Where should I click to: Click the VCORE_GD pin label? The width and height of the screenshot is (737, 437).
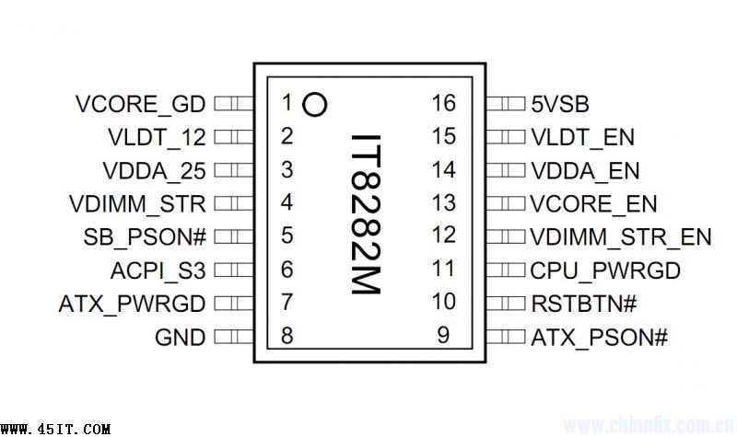pos(140,104)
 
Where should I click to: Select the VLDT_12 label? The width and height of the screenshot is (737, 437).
pos(157,138)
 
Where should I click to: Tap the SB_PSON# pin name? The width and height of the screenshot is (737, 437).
pos(145,237)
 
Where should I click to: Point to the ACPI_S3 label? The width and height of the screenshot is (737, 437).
pos(158,270)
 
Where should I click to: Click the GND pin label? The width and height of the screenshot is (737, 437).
pos(181,338)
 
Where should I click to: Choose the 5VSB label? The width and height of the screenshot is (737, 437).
pos(560,104)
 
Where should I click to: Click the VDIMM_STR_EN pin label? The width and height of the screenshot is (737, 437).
pos(621,237)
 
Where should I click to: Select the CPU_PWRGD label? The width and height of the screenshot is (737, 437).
pos(605,270)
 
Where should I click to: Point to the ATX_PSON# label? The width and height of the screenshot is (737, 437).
pos(599,338)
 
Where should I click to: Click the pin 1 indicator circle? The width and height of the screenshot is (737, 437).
pos(315,105)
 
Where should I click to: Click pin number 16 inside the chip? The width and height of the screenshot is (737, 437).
pos(443,103)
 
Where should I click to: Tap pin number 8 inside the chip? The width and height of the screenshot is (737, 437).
pos(287,336)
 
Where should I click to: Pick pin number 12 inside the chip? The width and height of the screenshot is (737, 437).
pos(443,236)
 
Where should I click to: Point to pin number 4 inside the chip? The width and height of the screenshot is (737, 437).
pos(287,203)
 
